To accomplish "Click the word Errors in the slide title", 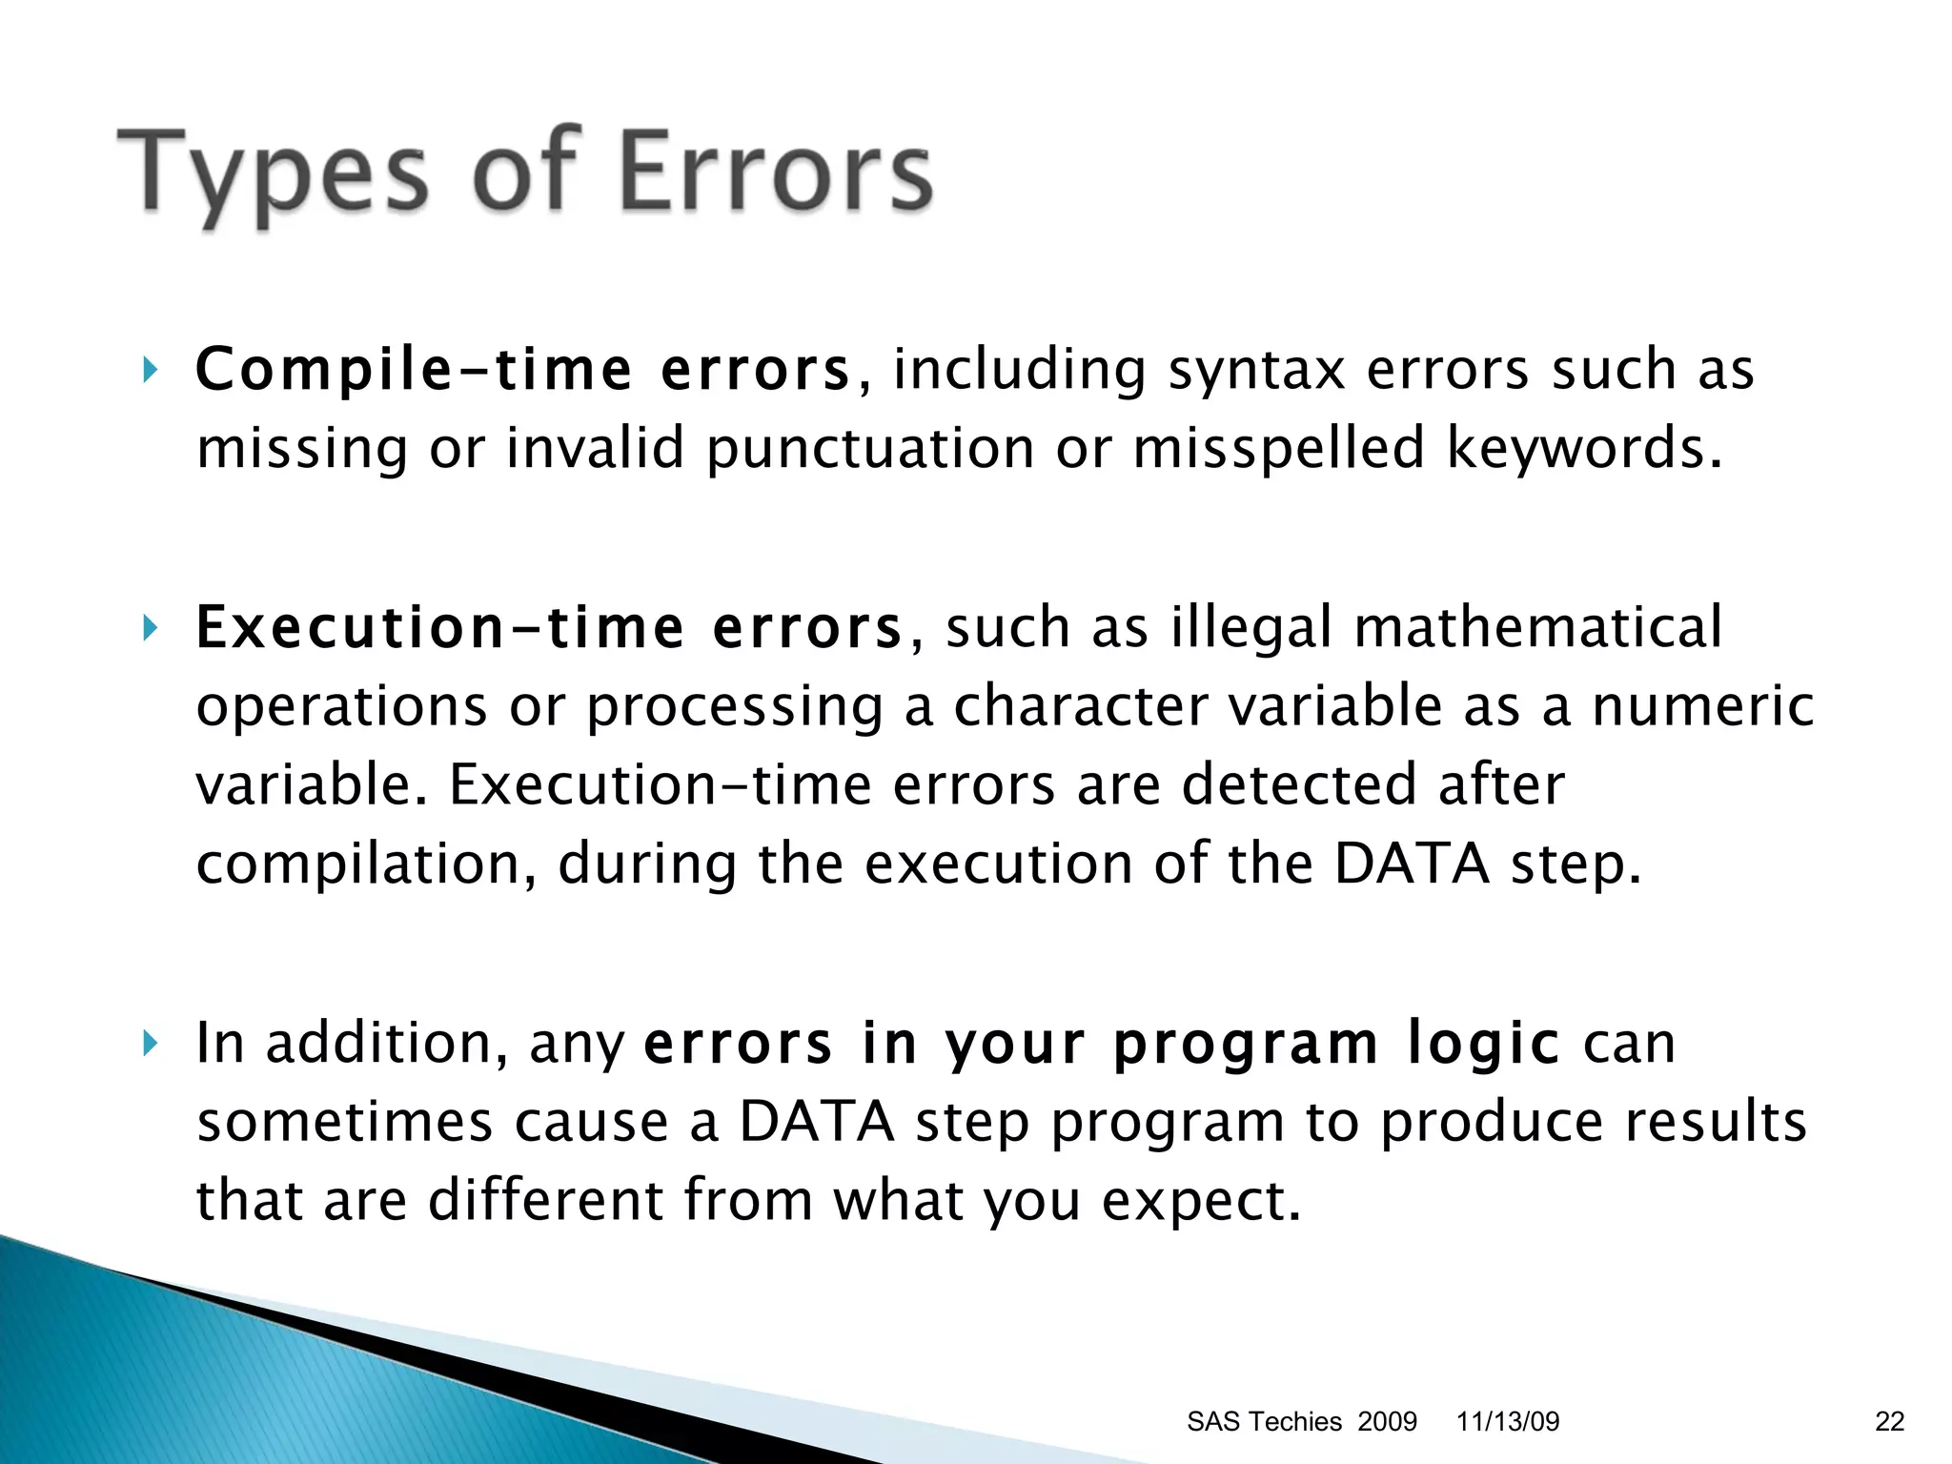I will (x=775, y=173).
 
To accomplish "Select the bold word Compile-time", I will (x=414, y=370).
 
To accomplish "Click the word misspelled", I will (x=1278, y=448).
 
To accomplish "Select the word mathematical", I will (x=1537, y=628).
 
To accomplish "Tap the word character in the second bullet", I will (x=1080, y=707).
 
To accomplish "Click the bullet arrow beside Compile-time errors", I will (x=150, y=369).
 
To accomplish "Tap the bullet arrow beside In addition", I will (x=150, y=1043).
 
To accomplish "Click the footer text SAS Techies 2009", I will (x=1301, y=1421).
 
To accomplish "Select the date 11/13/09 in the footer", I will (x=1508, y=1421).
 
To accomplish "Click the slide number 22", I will (x=1889, y=1421).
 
